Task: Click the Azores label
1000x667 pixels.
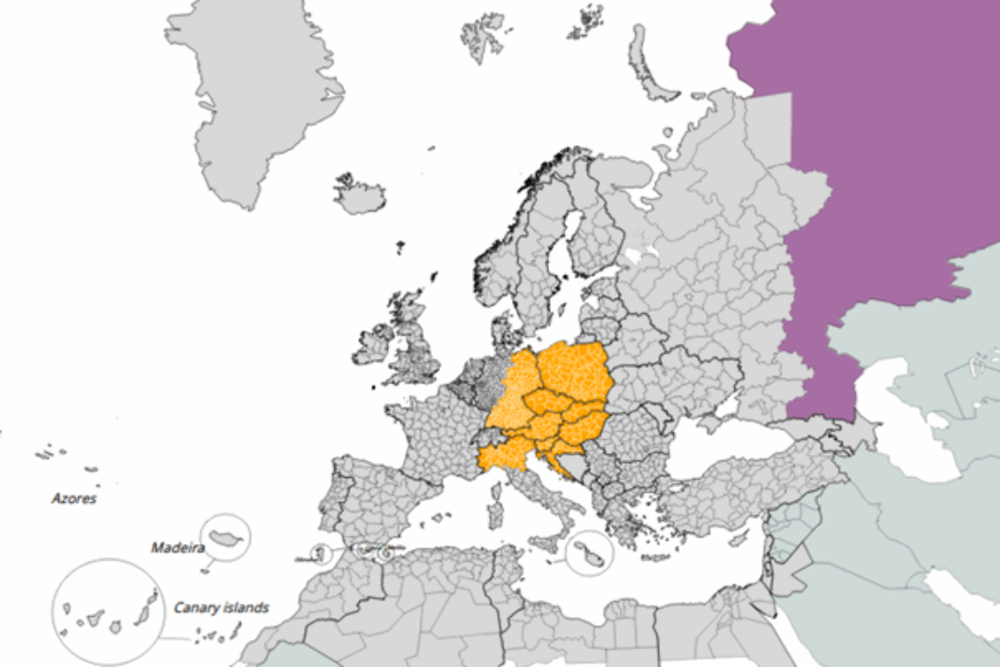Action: [x=74, y=498]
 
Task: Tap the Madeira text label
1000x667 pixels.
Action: [x=177, y=547]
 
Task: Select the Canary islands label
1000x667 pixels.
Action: [x=221, y=608]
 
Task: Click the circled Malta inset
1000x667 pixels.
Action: [x=589, y=554]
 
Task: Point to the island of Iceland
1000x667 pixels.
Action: [x=361, y=195]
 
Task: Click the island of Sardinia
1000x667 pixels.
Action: [x=494, y=509]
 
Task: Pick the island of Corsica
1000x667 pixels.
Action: [x=496, y=478]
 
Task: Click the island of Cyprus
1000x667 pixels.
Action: [x=738, y=537]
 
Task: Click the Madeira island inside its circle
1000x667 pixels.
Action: [x=227, y=537]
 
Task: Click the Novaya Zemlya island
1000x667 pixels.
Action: [x=648, y=65]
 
